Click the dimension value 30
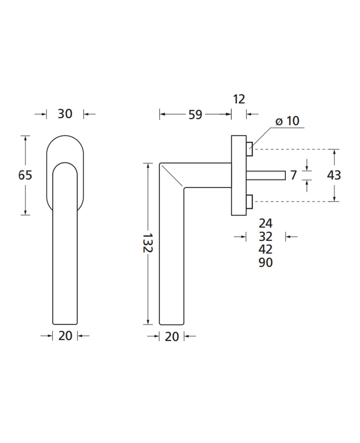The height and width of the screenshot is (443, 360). pyautogui.click(x=65, y=114)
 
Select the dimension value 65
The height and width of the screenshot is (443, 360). pyautogui.click(x=25, y=175)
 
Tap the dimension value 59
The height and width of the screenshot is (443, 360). pyautogui.click(x=195, y=115)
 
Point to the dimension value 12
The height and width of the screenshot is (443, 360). pyautogui.click(x=239, y=99)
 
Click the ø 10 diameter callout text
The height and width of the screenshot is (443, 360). pyautogui.click(x=287, y=121)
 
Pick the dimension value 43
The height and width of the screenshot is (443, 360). pyautogui.click(x=334, y=175)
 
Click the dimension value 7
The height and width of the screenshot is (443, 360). pyautogui.click(x=293, y=175)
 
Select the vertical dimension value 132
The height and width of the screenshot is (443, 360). pyautogui.click(x=148, y=243)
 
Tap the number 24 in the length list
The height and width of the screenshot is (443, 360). pyautogui.click(x=266, y=224)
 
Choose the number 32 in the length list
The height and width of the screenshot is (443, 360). pyautogui.click(x=266, y=237)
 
